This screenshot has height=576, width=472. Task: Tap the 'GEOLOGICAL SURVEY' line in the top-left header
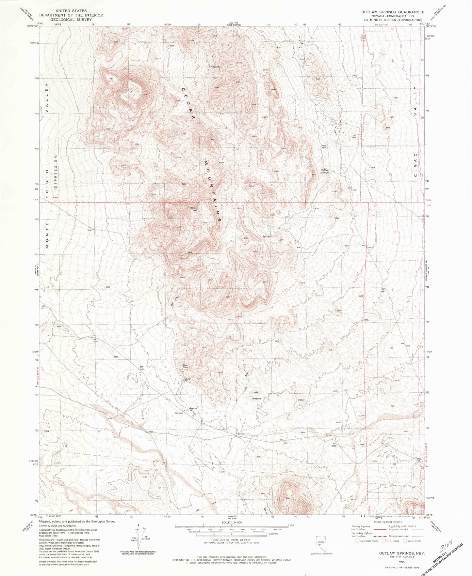(x=71, y=19)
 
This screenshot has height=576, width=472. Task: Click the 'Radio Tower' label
(x=186, y=366)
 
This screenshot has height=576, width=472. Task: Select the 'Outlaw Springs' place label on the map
(x=324, y=171)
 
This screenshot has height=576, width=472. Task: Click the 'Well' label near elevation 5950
(x=324, y=146)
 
